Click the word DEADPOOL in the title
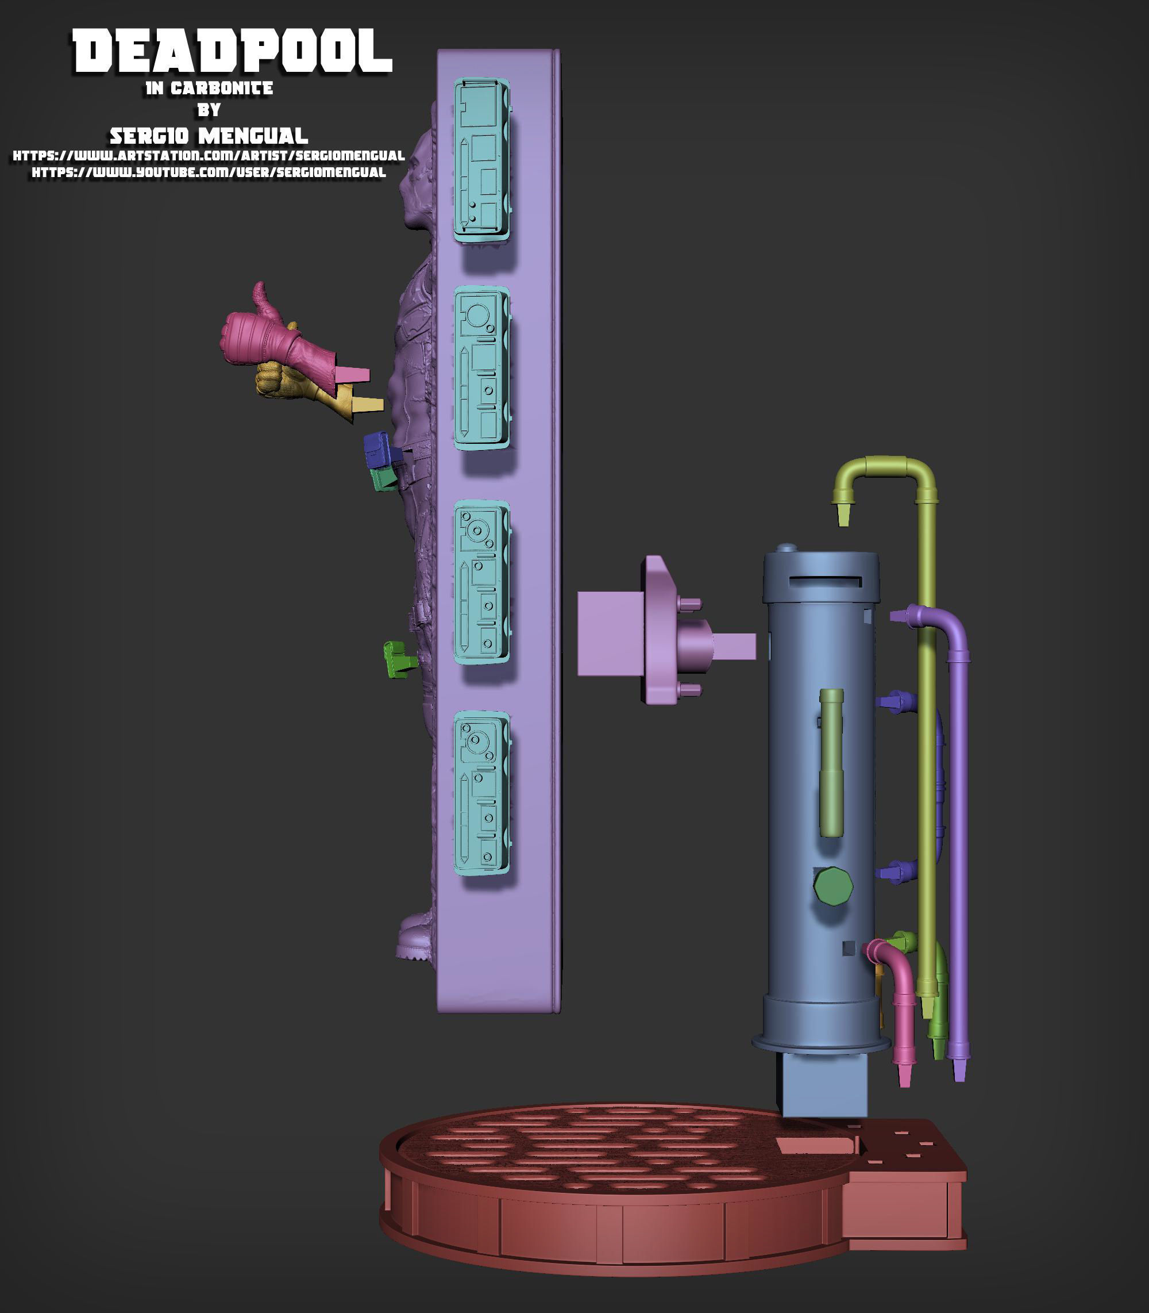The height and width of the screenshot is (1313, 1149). pyautogui.click(x=232, y=51)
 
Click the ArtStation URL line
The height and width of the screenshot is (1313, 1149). pyautogui.click(x=209, y=156)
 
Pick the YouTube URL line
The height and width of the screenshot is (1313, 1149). pyautogui.click(x=209, y=172)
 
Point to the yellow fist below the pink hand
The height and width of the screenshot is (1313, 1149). pyautogui.click(x=302, y=388)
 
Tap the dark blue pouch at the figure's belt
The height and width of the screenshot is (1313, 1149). pyautogui.click(x=381, y=449)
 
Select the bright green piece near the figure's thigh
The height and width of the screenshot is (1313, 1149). pyautogui.click(x=398, y=659)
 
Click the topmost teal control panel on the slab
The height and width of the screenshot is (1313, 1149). pyautogui.click(x=481, y=160)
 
